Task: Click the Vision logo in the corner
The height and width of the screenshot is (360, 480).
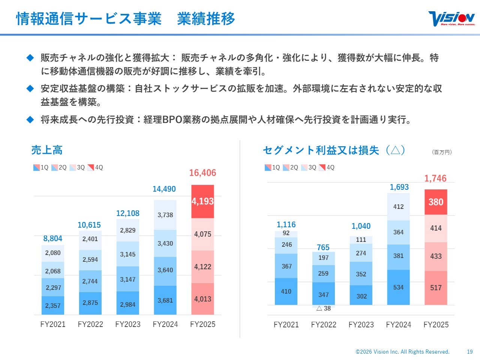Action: (451, 18)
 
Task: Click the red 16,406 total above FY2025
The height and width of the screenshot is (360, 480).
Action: (202, 173)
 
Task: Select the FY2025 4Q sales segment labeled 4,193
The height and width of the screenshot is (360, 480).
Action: (202, 201)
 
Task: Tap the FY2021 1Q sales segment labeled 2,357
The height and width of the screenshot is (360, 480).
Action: (53, 306)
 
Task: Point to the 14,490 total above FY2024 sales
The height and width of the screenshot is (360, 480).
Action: (164, 189)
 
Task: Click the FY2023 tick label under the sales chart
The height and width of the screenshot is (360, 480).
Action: (128, 324)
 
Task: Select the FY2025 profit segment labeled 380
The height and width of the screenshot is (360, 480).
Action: (436, 202)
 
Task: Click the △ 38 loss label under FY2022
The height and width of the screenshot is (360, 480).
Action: (324, 308)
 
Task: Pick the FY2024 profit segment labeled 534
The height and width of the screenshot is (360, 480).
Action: (398, 287)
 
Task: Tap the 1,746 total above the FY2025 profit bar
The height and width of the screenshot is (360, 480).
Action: (435, 178)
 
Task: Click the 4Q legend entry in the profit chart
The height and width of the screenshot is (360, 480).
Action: (327, 168)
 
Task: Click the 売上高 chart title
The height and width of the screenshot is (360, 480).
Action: (47, 150)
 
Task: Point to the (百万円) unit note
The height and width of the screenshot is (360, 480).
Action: (442, 152)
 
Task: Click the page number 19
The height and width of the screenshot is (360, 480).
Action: (470, 352)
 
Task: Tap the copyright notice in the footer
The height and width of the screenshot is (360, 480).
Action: (402, 352)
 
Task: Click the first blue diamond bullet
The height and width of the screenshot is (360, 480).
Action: (30, 58)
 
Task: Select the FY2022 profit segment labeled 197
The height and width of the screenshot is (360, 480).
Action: (323, 258)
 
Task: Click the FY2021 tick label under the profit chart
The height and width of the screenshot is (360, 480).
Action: (286, 325)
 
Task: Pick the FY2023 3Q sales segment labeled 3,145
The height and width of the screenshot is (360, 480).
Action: (128, 254)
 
